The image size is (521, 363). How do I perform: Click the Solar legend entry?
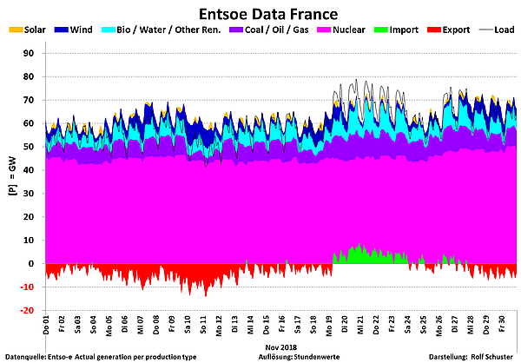(28, 30)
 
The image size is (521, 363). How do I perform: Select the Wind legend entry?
(81, 30)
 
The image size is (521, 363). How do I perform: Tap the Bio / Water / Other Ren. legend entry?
(165, 30)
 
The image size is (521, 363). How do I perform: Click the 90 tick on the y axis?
(35, 54)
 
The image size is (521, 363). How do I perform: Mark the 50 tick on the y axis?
(35, 147)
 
